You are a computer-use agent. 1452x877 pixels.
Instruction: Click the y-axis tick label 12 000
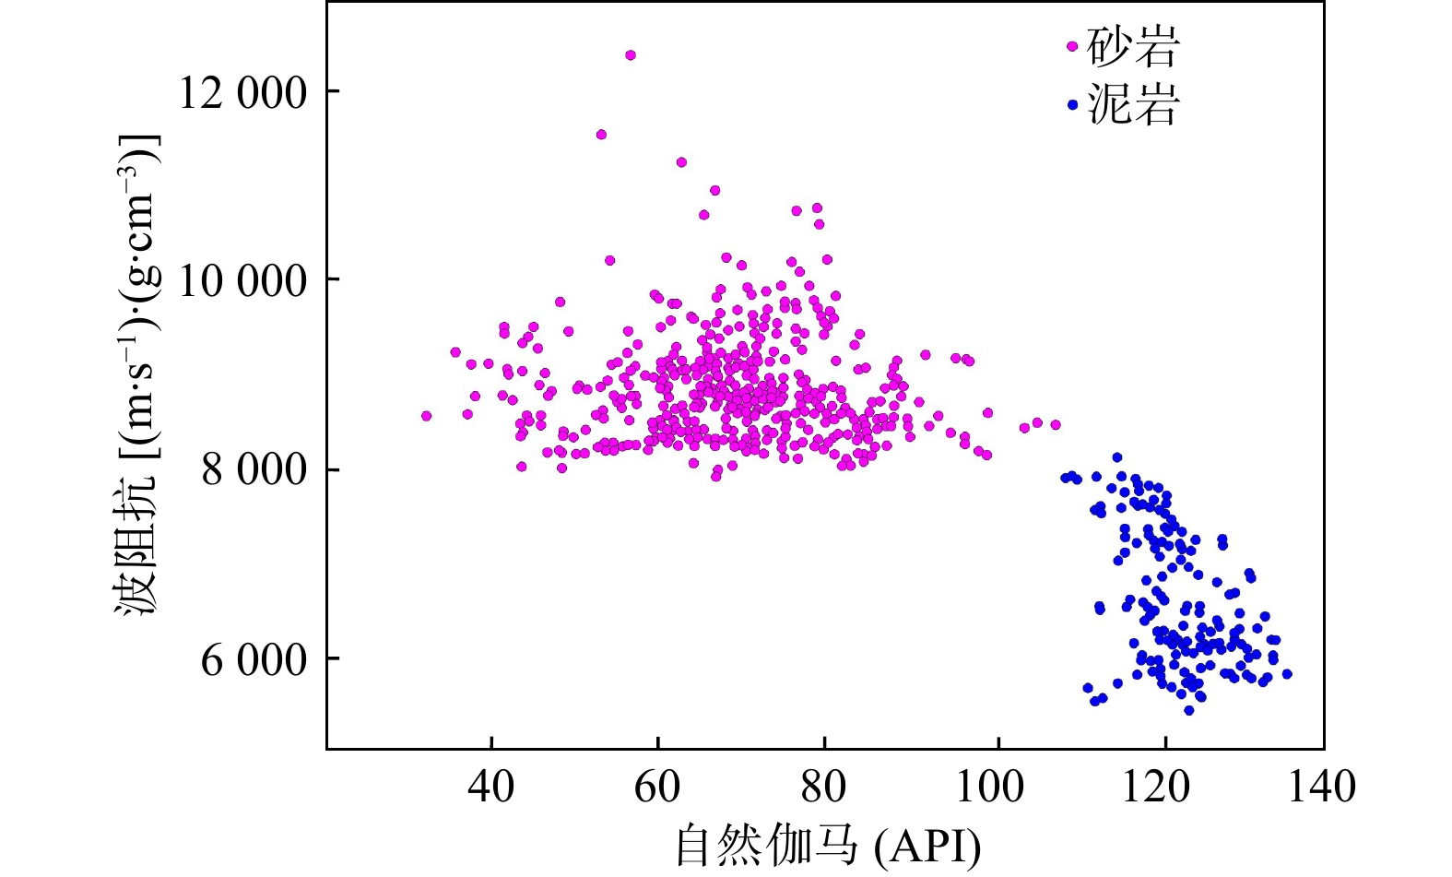[242, 92]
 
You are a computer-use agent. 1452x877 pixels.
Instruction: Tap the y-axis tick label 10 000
[242, 280]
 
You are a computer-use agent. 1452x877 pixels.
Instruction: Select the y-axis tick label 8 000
[254, 470]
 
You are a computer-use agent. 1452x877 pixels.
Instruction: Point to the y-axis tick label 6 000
[254, 659]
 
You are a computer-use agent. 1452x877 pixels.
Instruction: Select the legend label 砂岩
[1133, 47]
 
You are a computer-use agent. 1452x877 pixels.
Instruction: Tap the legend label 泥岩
[1133, 104]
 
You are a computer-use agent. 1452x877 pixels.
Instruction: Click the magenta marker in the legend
[1072, 45]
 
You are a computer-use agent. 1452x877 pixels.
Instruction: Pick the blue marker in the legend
[1072, 105]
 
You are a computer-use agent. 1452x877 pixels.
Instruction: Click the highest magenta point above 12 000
[631, 55]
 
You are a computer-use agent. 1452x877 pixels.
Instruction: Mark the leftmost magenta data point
[426, 416]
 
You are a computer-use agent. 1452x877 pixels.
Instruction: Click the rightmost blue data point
[1287, 674]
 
